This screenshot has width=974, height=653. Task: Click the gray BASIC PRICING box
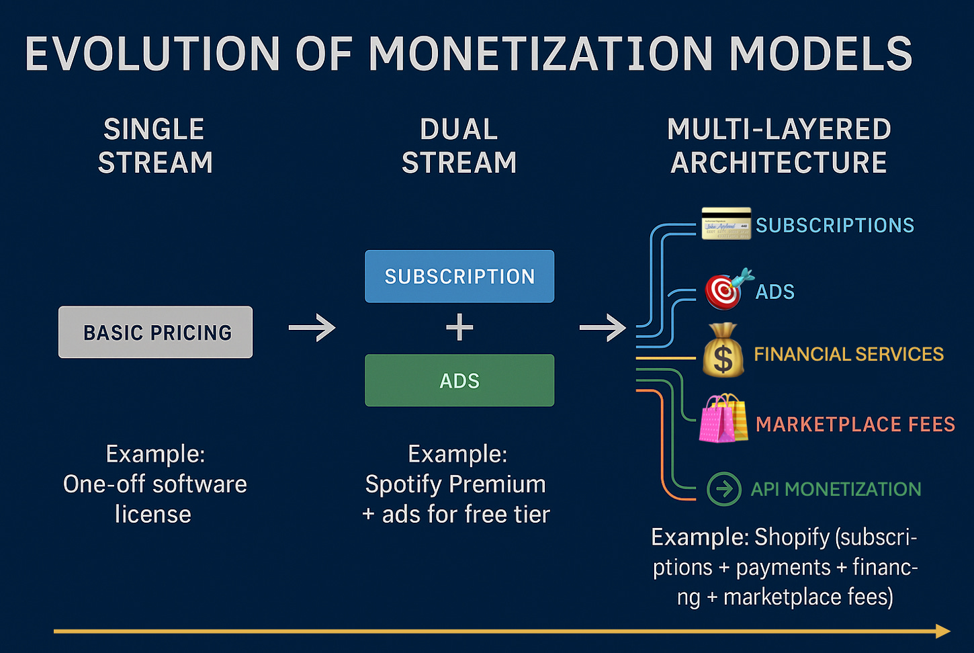[155, 332]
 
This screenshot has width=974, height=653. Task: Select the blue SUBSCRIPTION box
[459, 276]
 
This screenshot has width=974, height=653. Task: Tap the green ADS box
[459, 380]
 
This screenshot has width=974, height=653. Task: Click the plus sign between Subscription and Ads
[459, 328]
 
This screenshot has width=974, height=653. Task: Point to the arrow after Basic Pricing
[312, 328]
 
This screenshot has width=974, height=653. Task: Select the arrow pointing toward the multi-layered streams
[603, 328]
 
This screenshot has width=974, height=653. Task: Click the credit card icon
[726, 224]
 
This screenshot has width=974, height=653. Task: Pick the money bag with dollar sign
[723, 351]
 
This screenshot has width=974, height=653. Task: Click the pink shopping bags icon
[723, 420]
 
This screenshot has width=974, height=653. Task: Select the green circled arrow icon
[724, 488]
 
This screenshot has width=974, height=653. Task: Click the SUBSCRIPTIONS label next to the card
[835, 225]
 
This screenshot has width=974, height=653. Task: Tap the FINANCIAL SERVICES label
[848, 354]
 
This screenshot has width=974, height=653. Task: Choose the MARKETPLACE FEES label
[855, 424]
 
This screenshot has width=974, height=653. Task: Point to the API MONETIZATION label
[836, 489]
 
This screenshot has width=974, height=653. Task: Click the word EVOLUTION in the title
[152, 54]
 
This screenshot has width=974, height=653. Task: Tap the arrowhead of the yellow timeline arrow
[943, 631]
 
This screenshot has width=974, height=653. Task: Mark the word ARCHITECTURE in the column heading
[779, 163]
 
